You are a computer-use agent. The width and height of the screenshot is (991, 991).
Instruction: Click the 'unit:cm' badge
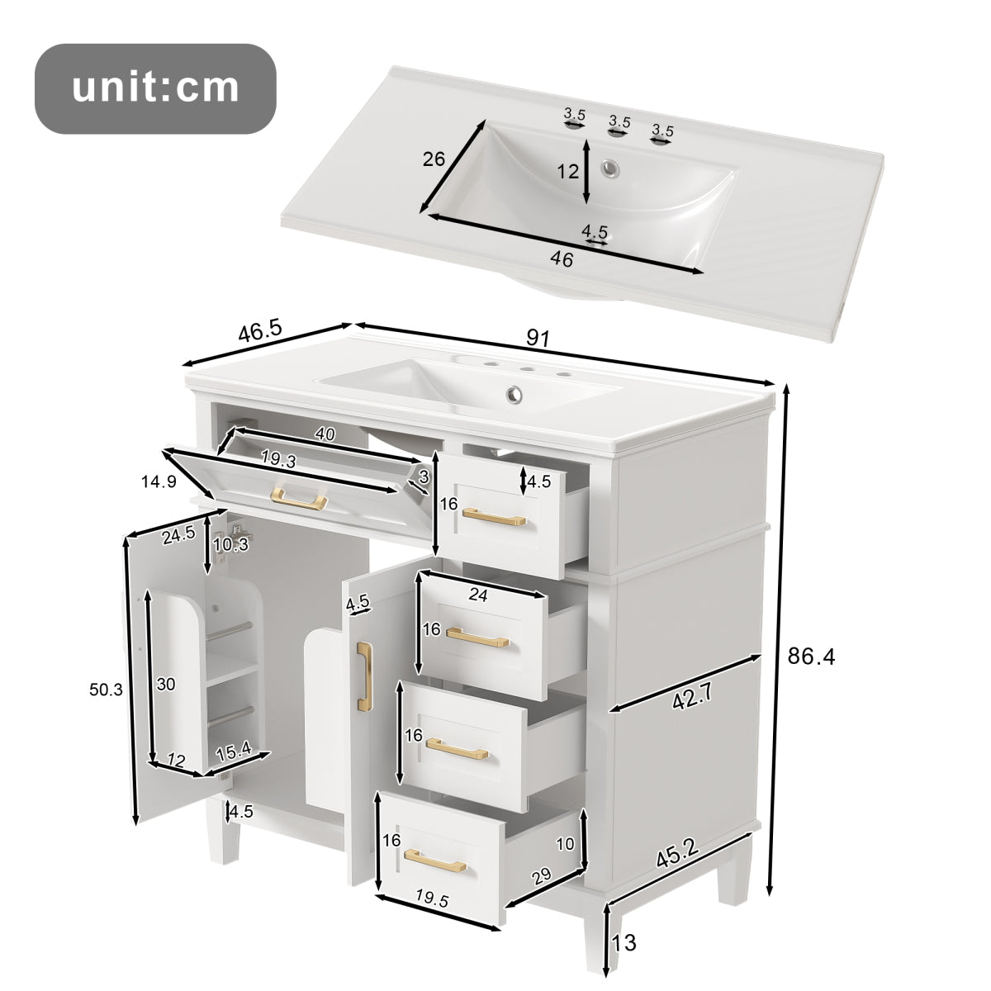154,88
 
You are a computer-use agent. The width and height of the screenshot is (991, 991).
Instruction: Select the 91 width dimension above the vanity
538,338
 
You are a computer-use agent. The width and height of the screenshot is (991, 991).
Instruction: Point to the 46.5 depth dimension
260,332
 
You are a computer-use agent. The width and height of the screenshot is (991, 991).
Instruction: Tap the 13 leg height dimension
624,941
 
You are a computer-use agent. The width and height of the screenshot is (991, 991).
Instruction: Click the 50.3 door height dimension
107,690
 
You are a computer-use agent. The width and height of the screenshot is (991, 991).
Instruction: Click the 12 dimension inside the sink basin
567,173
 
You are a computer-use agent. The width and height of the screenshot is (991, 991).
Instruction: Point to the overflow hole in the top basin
611,168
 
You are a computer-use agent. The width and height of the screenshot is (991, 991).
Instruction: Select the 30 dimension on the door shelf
167,684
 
